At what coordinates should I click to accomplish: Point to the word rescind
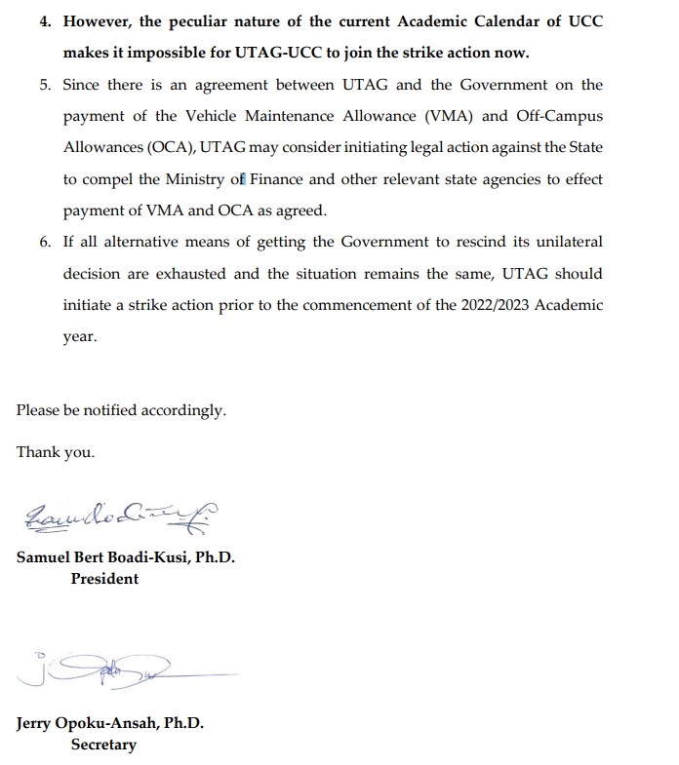[x=461, y=242]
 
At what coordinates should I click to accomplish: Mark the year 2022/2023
[x=486, y=305]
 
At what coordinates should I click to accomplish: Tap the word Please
[x=38, y=410]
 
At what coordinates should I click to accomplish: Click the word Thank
[x=38, y=452]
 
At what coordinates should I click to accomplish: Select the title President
[x=104, y=579]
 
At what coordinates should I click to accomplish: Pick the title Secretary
[x=103, y=745]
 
